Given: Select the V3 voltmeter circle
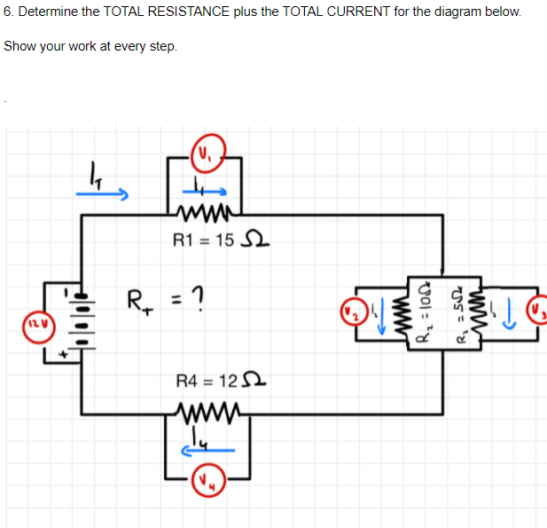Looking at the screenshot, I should click(538, 313).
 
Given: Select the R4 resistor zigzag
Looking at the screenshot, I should click(207, 411).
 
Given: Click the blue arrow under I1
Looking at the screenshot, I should click(208, 189).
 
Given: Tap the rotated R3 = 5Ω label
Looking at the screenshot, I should click(460, 313).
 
